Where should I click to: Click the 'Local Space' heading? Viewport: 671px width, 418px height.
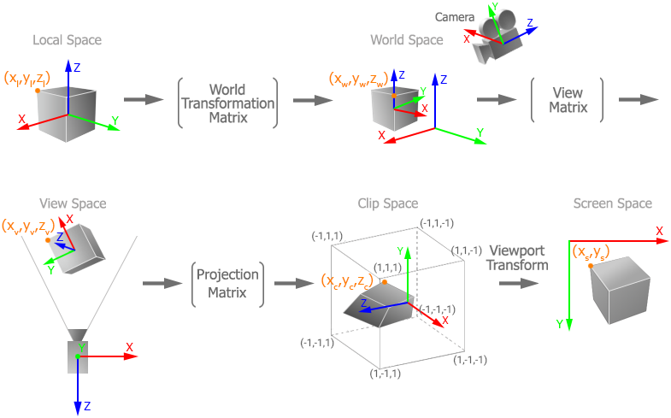click(67, 40)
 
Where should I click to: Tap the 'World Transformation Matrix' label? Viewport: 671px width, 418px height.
click(228, 103)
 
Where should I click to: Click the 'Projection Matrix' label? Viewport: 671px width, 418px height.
click(227, 284)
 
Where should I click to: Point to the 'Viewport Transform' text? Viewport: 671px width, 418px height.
click(518, 257)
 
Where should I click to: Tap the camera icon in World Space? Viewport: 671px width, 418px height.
click(499, 38)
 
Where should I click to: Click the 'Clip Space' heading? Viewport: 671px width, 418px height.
click(388, 203)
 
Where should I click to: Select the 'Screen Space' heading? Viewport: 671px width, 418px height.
click(612, 203)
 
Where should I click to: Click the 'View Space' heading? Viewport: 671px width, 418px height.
click(73, 203)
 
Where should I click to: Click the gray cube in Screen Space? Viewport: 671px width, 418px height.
click(620, 288)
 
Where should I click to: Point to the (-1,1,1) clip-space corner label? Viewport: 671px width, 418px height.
click(327, 234)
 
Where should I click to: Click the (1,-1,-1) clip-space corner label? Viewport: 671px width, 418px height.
click(468, 361)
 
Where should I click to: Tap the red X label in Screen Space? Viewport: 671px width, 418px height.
click(659, 231)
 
